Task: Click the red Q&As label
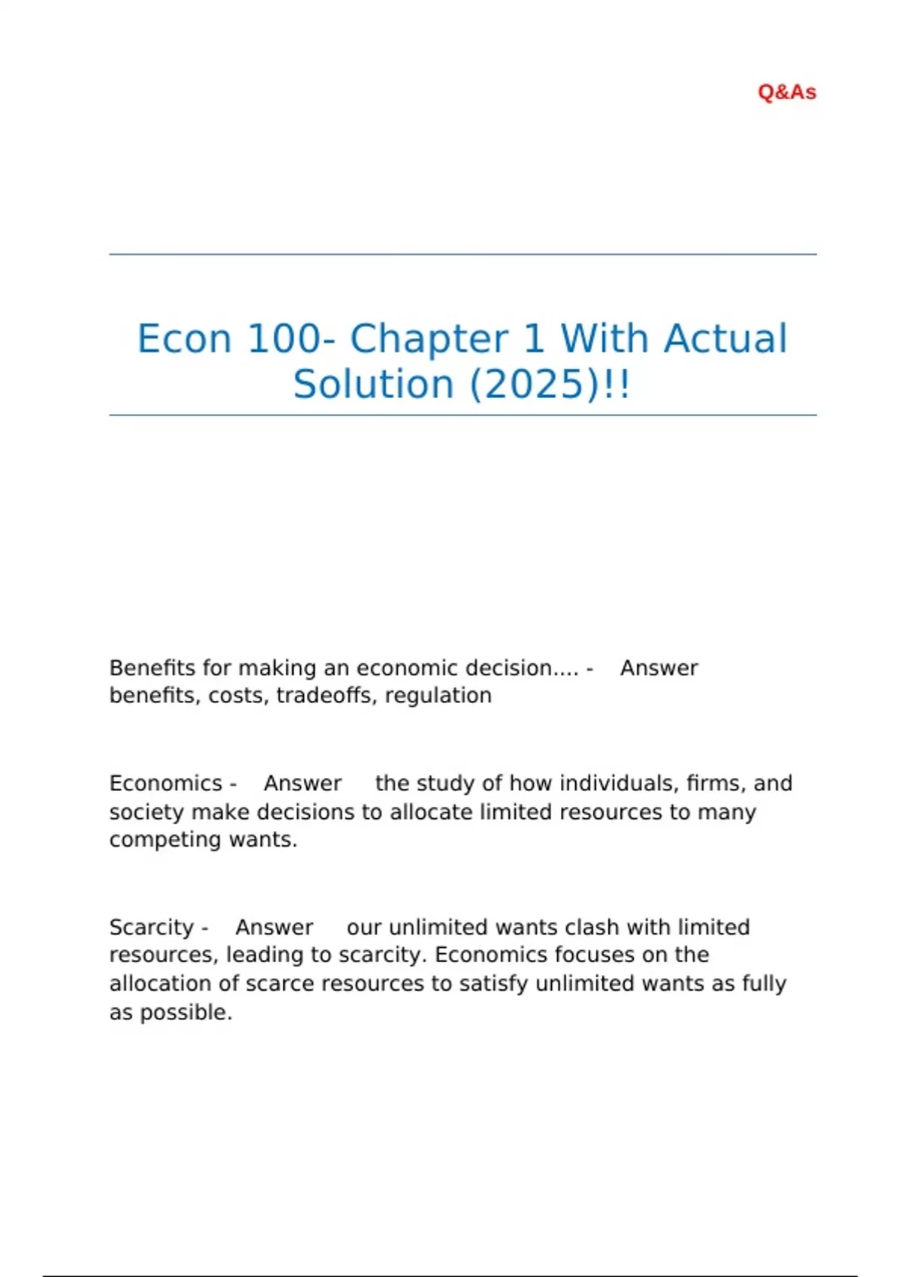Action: (x=787, y=92)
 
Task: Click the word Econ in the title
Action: (x=184, y=339)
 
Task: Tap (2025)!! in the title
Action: (x=550, y=385)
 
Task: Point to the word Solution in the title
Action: (x=373, y=385)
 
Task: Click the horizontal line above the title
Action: (x=463, y=255)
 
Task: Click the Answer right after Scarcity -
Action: (x=274, y=928)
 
